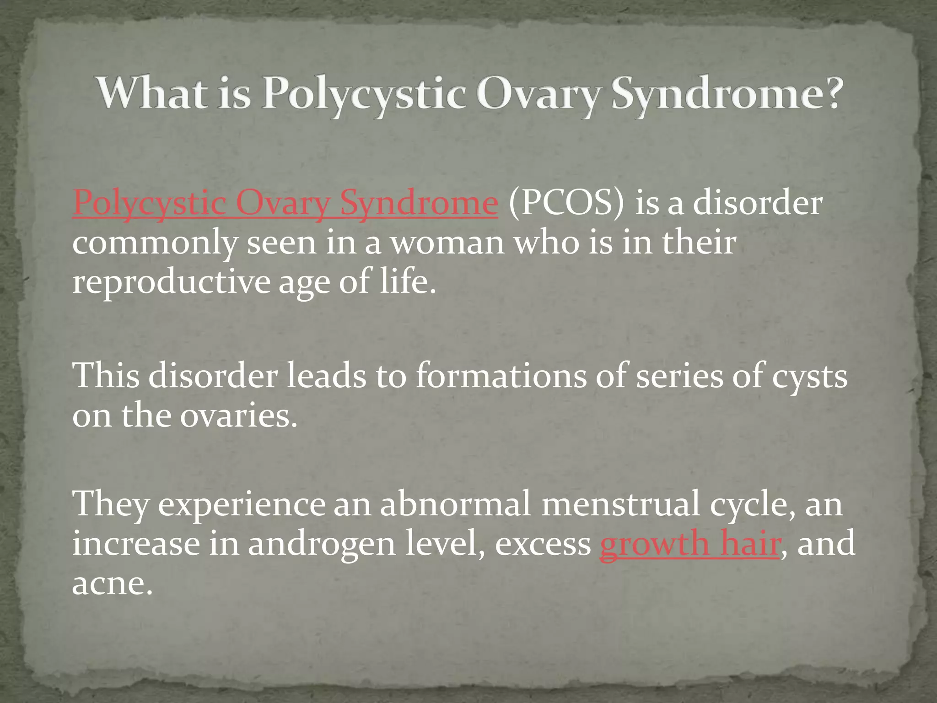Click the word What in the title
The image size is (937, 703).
pyautogui.click(x=151, y=93)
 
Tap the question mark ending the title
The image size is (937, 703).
pyautogui.click(x=828, y=93)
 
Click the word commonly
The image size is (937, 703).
pyautogui.click(x=154, y=243)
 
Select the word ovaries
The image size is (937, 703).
pyautogui.click(x=238, y=416)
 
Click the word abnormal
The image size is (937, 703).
pyautogui.click(x=455, y=503)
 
